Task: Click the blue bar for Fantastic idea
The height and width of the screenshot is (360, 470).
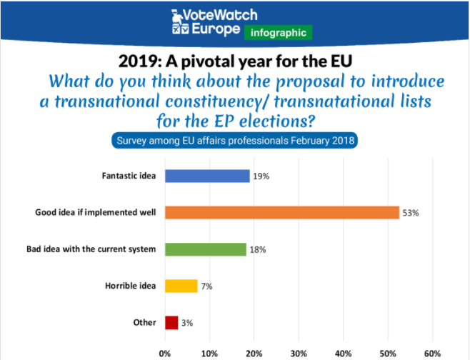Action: (x=207, y=176)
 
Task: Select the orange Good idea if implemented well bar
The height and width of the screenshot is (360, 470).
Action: (x=281, y=212)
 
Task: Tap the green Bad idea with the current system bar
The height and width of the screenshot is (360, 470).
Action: (x=205, y=249)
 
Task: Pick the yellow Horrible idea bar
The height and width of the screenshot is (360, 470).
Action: (x=181, y=286)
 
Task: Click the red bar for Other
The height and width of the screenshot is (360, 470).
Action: (x=171, y=322)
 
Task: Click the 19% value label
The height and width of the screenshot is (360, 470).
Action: (x=262, y=176)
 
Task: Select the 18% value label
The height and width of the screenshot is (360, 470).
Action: (x=258, y=250)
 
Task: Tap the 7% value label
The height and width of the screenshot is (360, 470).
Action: (x=207, y=286)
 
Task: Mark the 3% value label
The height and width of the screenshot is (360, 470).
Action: (x=188, y=323)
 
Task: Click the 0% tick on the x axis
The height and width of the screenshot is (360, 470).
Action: (x=165, y=353)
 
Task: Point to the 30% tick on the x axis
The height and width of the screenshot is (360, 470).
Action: (x=299, y=353)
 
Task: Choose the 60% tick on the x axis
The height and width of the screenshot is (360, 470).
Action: (x=432, y=353)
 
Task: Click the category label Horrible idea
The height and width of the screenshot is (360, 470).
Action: (x=131, y=286)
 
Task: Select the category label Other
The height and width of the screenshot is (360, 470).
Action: (x=144, y=323)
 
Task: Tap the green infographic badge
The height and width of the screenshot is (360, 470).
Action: (x=279, y=33)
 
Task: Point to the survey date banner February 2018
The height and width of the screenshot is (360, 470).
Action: (x=235, y=140)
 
